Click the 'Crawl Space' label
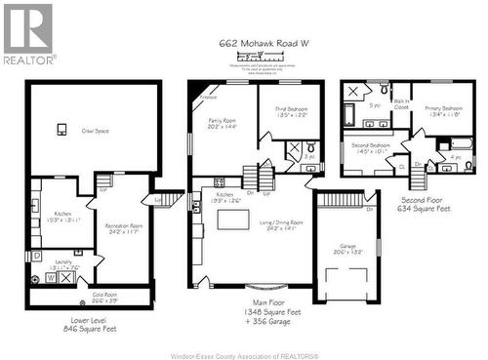95,131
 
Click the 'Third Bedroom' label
291,111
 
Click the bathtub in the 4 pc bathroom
464,141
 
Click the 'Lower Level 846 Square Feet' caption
91,325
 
